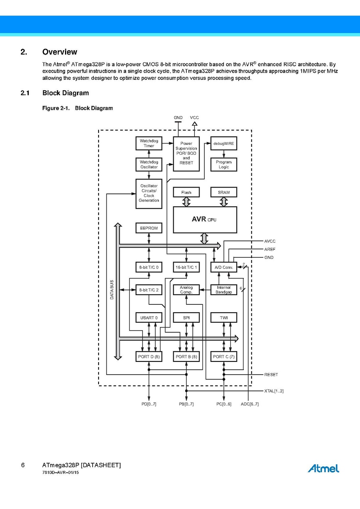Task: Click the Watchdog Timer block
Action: pyautogui.click(x=149, y=144)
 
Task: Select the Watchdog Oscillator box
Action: pyautogui.click(x=149, y=164)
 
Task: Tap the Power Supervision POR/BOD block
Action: pyautogui.click(x=186, y=154)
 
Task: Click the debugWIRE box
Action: pyautogui.click(x=224, y=144)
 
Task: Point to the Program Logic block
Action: pyautogui.click(x=224, y=164)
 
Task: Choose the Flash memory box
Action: pyautogui.click(x=186, y=192)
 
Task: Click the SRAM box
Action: pyautogui.click(x=224, y=192)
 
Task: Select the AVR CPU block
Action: pyautogui.click(x=205, y=219)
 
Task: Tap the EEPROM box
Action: pyautogui.click(x=149, y=228)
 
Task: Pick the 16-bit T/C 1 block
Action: pyautogui.click(x=186, y=267)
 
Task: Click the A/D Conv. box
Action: pyautogui.click(x=224, y=267)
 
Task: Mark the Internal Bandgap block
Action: pyautogui.click(x=224, y=290)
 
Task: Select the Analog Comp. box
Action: pyautogui.click(x=186, y=290)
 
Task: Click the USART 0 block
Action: pyautogui.click(x=149, y=318)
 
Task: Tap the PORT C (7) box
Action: pyautogui.click(x=224, y=356)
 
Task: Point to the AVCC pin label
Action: pyautogui.click(x=270, y=241)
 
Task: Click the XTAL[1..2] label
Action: pyautogui.click(x=274, y=391)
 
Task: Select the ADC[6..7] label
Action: pyautogui.click(x=250, y=404)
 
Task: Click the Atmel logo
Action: pyautogui.click(x=323, y=468)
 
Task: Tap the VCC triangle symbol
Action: pyautogui.click(x=194, y=124)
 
